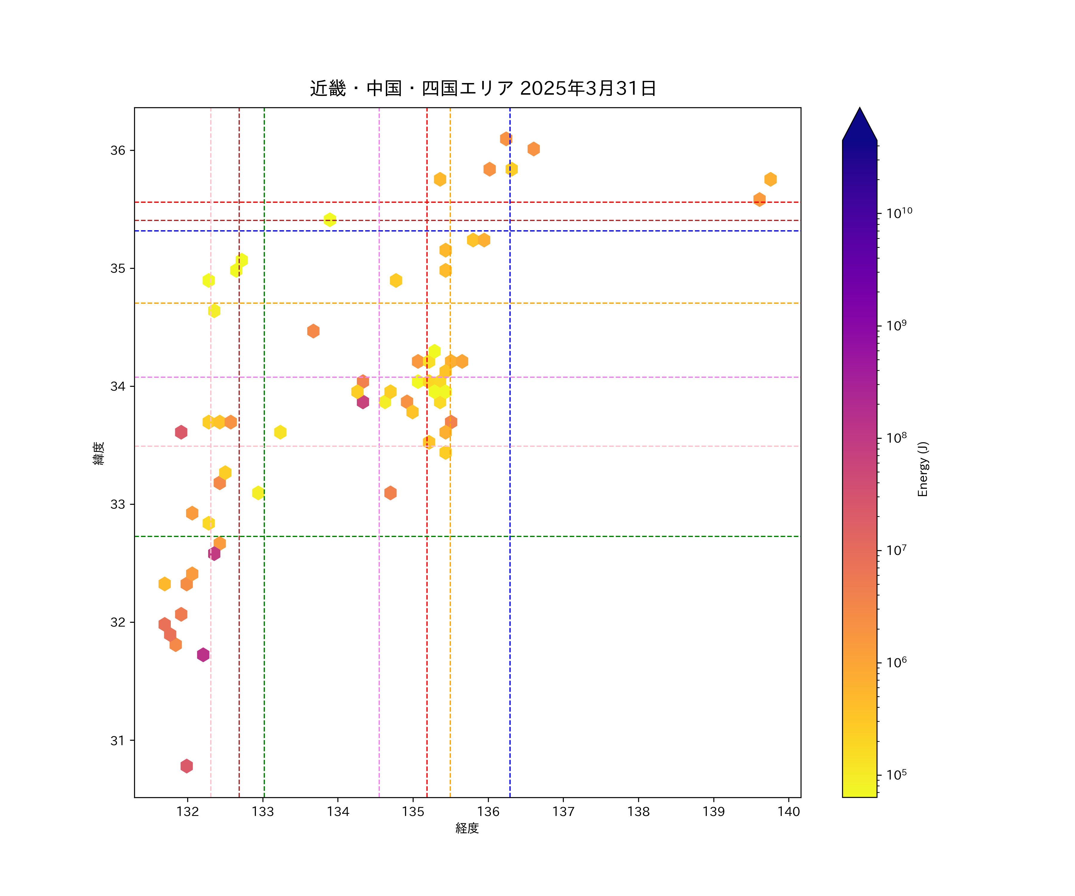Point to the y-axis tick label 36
click(118, 151)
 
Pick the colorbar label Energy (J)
click(922, 469)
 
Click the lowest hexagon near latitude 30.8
click(186, 766)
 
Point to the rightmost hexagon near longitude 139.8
click(770, 179)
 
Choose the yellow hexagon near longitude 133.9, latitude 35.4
click(330, 220)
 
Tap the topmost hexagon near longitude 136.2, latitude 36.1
click(506, 139)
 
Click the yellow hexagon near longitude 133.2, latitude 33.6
click(280, 432)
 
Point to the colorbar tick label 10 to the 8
click(896, 438)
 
